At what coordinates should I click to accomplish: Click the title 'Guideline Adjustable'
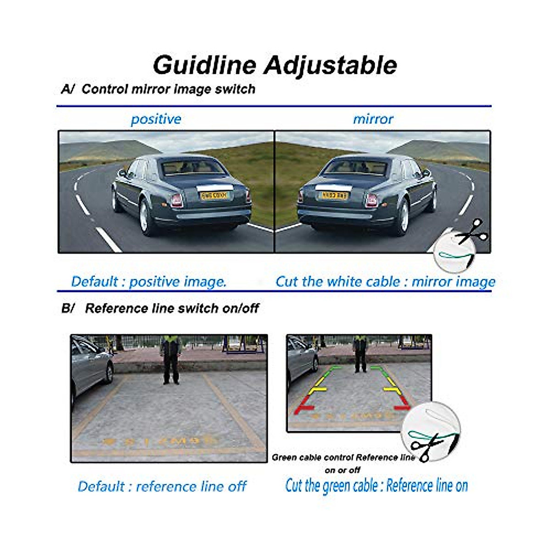coord(275,65)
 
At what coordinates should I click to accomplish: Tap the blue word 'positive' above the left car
coord(156,119)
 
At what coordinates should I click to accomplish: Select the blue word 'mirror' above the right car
coord(373,119)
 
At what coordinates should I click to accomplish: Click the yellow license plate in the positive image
coord(214,196)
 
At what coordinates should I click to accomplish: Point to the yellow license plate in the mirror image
coord(334,196)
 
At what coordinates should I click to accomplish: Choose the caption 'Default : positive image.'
coord(149,281)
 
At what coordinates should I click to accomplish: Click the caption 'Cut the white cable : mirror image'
coord(385,281)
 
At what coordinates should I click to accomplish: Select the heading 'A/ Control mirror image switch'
coord(158,89)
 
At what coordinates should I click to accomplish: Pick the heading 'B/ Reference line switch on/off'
coord(160,308)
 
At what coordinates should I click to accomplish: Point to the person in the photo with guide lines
coord(360,354)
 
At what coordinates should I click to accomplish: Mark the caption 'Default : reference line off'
coord(162,486)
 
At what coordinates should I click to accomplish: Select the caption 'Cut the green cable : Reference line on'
coord(377,485)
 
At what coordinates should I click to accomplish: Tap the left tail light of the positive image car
coord(176,200)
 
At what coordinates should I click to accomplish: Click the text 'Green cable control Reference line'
coord(343,457)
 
